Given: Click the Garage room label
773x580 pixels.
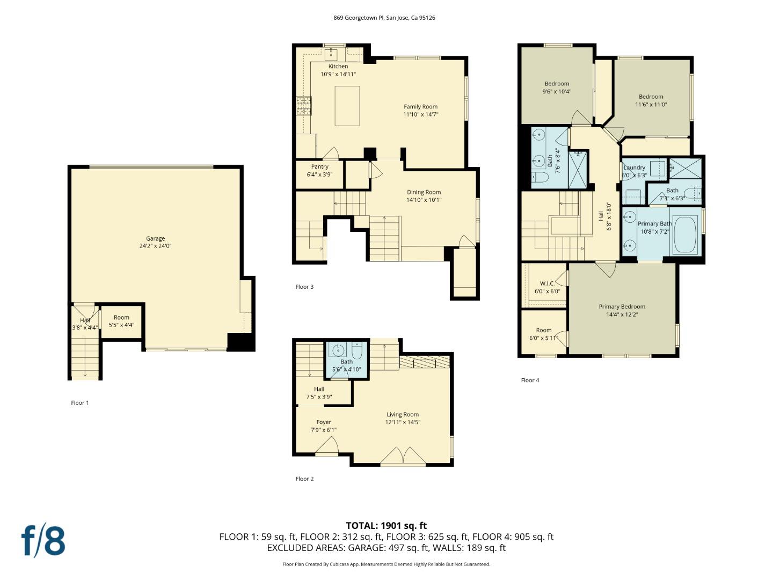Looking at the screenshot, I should (156, 238).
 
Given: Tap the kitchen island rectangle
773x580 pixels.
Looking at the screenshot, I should (347, 106).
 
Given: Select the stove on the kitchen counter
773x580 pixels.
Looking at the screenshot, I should (304, 106).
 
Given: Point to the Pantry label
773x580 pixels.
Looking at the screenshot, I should (320, 167).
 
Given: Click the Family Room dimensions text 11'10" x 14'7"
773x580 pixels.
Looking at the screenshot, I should (421, 114).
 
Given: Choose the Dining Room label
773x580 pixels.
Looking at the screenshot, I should (424, 192).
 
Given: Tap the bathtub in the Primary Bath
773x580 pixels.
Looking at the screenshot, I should (684, 234).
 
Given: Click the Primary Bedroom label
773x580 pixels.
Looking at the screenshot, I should (622, 307).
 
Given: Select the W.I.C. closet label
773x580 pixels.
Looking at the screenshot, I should (547, 284).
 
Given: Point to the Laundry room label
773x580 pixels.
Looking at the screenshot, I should (635, 168).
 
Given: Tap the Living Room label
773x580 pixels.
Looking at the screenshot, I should (403, 415).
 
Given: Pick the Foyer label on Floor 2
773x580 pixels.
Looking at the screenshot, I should (324, 422).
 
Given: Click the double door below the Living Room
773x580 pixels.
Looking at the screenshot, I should (403, 456).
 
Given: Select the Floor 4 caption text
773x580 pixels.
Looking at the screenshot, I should (530, 380).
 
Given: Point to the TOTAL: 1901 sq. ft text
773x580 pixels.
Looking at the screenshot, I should (386, 526).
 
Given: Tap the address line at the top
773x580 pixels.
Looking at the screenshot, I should (384, 18).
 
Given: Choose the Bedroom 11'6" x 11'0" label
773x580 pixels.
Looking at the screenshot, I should (651, 97).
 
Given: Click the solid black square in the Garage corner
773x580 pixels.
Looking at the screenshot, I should (240, 342).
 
